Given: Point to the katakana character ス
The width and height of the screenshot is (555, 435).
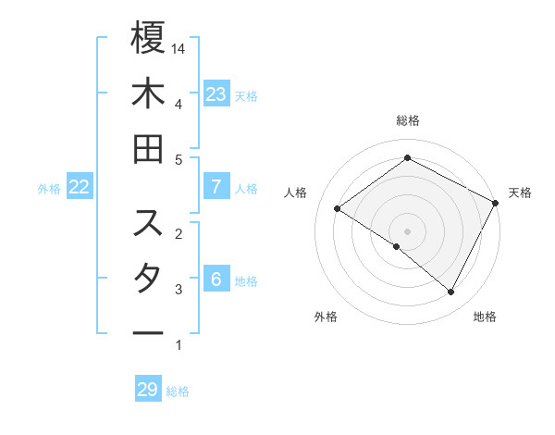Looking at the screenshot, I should tap(148, 223).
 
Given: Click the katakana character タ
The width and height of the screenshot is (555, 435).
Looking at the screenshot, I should tap(148, 279).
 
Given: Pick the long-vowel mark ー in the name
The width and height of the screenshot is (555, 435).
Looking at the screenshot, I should tap(148, 332).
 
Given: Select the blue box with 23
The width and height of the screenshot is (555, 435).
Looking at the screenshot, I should tap(216, 94).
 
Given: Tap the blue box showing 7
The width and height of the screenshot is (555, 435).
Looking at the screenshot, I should tap(216, 187).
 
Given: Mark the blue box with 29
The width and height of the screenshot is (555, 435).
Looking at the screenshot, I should tap(148, 390).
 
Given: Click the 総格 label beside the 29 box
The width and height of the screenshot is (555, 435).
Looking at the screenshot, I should tap(178, 391).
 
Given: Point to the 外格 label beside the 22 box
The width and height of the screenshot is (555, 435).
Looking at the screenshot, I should tap(49, 189).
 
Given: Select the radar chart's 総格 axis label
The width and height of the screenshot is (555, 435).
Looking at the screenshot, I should tap(407, 121).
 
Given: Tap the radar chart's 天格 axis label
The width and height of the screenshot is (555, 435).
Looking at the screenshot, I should tap(521, 193).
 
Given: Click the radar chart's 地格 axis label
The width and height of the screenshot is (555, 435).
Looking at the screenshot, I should tap(485, 317).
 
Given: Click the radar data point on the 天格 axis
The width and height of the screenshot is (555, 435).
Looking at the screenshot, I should tap(495, 203).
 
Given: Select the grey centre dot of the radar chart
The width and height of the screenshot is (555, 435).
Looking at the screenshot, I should tap(407, 230).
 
